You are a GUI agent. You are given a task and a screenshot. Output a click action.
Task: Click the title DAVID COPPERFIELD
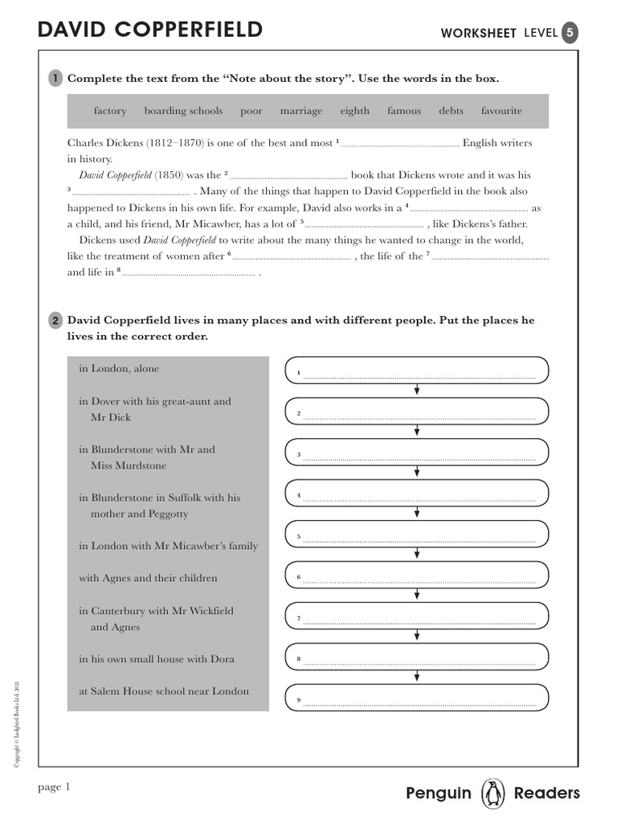(150, 31)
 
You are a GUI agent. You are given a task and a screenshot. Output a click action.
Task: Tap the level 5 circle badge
(569, 32)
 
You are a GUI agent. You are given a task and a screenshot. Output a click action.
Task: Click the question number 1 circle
(55, 78)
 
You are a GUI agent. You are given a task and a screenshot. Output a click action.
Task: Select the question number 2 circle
(55, 321)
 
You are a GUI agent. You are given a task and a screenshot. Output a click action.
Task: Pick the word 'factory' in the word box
(110, 111)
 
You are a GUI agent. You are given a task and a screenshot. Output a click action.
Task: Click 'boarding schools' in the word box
(183, 111)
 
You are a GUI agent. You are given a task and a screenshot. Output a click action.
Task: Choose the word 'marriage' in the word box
(301, 111)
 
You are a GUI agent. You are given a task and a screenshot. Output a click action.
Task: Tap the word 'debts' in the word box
(451, 111)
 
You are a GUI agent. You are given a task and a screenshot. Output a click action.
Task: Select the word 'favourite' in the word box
(501, 111)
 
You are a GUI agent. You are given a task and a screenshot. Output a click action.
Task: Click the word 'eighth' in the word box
(354, 111)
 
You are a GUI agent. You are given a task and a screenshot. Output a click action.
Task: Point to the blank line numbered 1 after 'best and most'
(400, 145)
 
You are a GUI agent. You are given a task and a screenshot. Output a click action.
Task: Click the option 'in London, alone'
(119, 369)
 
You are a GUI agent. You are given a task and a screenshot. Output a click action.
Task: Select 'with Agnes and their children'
(148, 578)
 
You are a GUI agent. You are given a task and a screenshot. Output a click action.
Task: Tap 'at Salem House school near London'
(164, 691)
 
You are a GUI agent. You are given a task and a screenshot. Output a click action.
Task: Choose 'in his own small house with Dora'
(157, 659)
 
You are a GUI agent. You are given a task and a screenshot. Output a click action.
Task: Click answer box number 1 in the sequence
(416, 371)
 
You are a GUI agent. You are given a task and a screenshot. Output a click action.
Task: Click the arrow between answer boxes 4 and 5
(416, 513)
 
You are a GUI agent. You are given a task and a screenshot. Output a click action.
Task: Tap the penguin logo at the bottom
(492, 793)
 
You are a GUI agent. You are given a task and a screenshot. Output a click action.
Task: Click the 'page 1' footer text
(55, 788)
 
